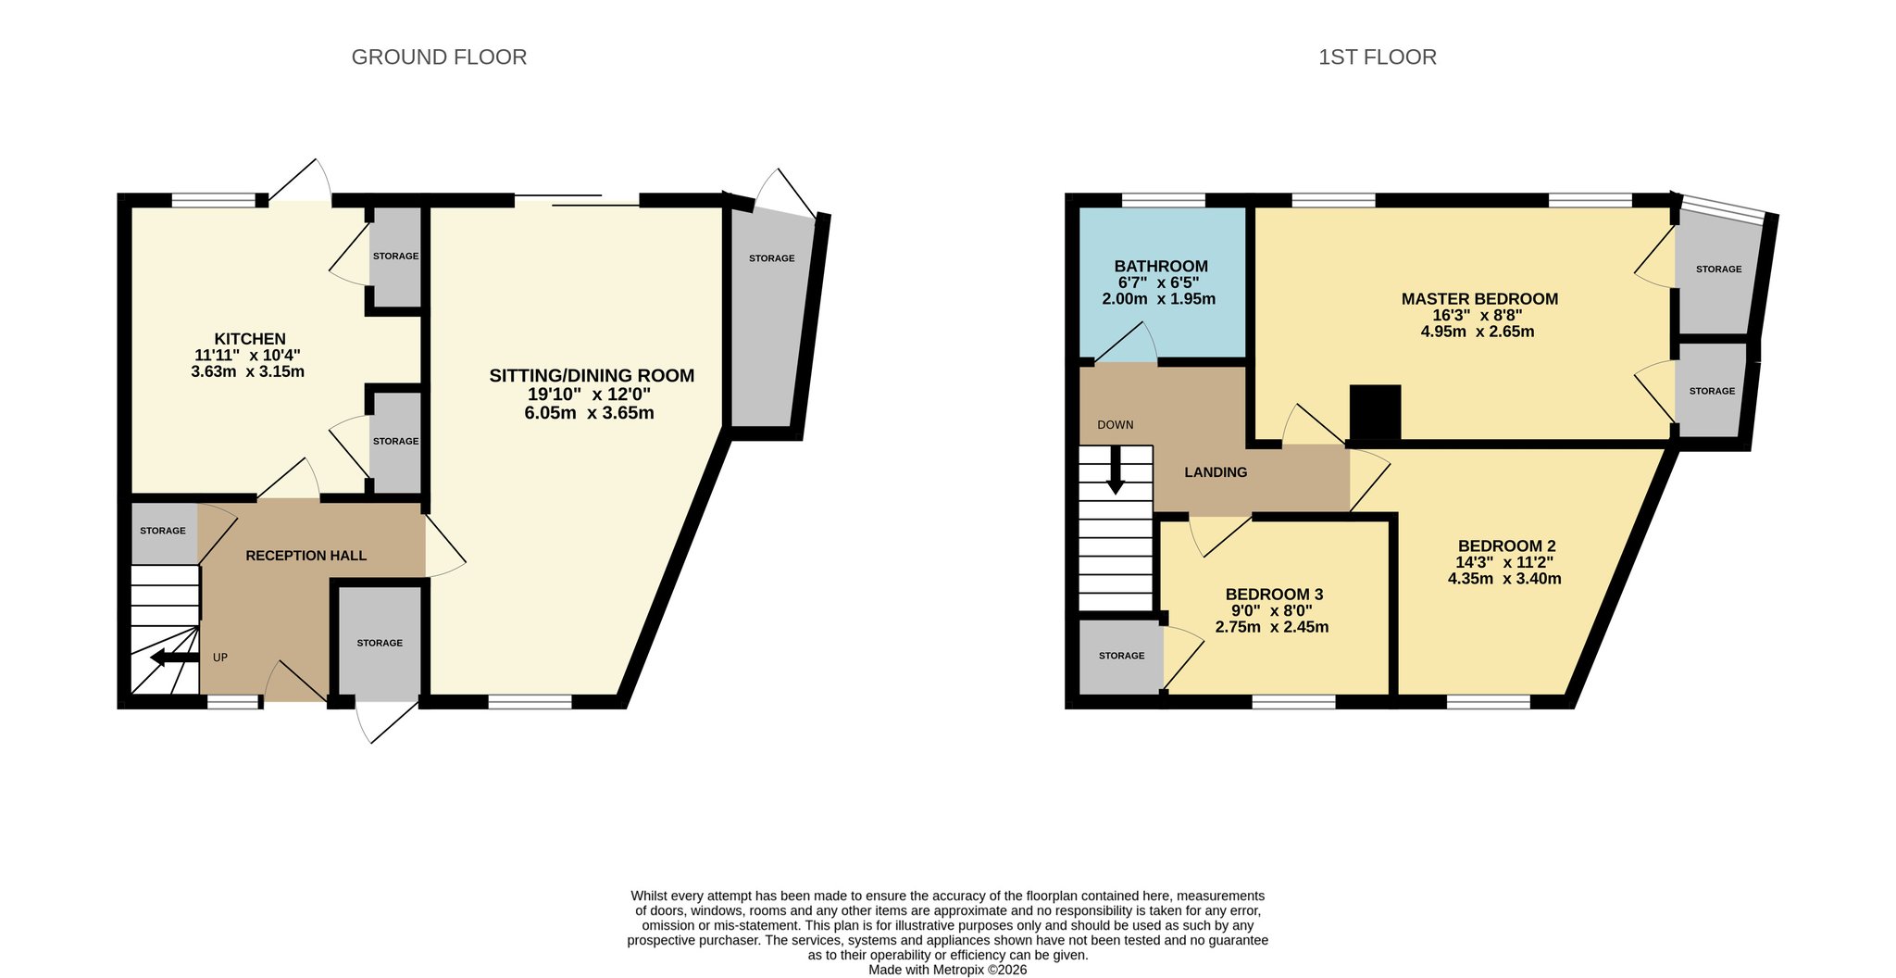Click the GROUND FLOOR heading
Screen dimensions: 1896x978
(439, 57)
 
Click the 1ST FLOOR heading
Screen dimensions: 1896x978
(1378, 57)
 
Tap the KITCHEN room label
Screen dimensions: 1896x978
(250, 339)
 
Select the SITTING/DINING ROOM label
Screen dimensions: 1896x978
(592, 375)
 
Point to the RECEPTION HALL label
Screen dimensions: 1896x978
(306, 556)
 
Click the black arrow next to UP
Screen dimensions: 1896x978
(175, 658)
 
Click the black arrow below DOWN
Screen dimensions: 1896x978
(1116, 470)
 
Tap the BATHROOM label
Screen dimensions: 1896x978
(1161, 267)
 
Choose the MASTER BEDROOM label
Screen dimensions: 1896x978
(1479, 299)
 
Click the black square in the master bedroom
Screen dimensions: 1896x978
(1376, 411)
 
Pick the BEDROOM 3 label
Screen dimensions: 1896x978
(1274, 595)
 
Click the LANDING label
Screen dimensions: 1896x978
(1216, 472)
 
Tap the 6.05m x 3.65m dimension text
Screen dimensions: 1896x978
(589, 413)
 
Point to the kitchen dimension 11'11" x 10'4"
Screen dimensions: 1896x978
(247, 355)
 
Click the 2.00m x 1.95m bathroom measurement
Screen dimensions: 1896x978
(1158, 299)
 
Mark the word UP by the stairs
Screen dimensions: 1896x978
(220, 658)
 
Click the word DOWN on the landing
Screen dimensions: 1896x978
(1116, 425)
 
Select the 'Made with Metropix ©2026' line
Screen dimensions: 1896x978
(947, 970)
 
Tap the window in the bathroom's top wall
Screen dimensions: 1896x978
(1164, 199)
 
